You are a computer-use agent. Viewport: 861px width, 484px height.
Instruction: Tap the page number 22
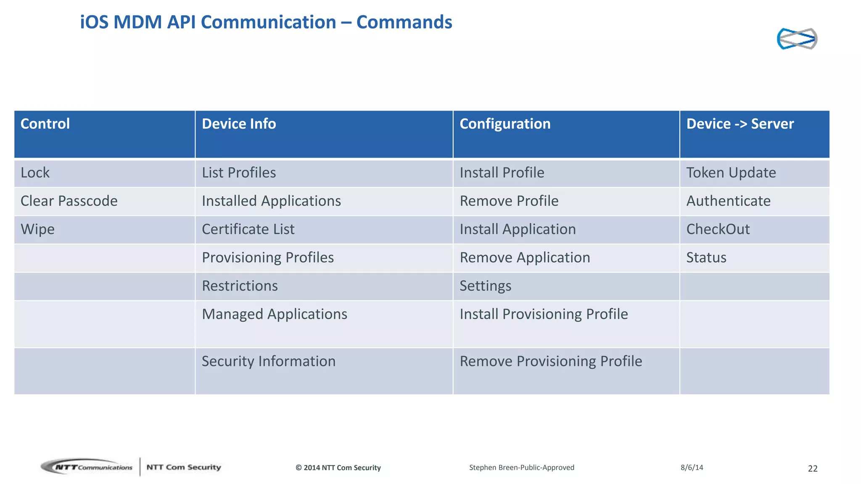click(x=813, y=468)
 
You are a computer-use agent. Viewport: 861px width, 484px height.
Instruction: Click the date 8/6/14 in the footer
click(x=692, y=467)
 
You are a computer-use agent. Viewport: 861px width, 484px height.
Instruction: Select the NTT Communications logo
click(x=87, y=467)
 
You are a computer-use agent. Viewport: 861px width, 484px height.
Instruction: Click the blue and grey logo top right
click(x=797, y=39)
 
